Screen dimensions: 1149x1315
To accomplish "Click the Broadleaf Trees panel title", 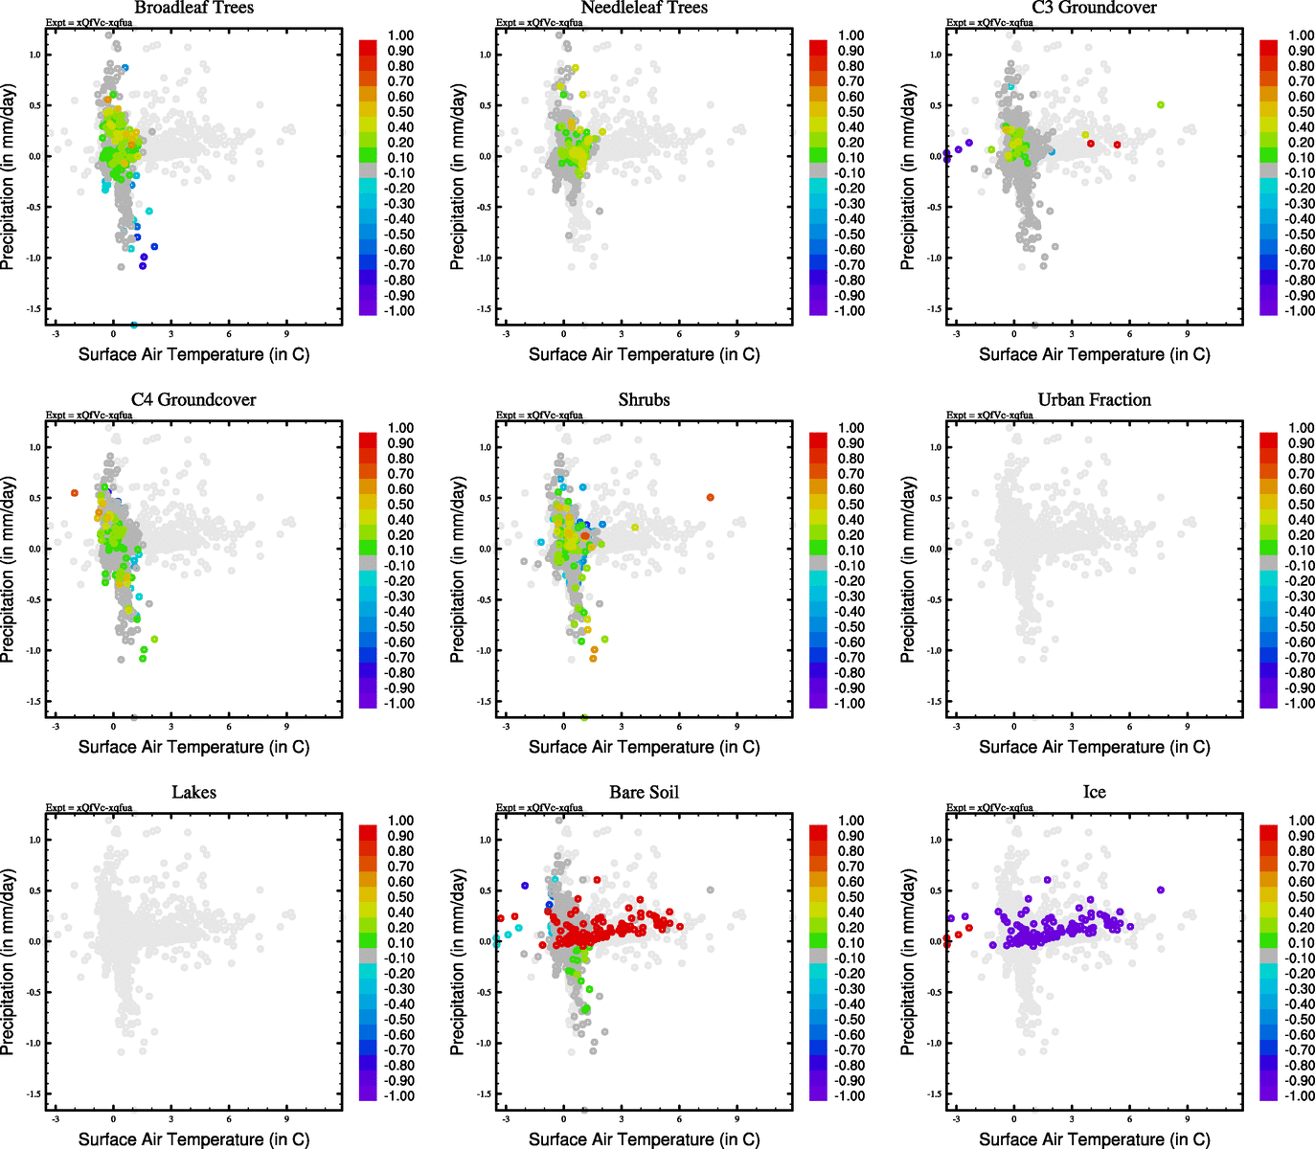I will point(193,8).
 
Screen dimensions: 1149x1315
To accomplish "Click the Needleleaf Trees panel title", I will point(644,8).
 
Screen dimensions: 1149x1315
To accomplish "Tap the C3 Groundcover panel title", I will point(1094,8).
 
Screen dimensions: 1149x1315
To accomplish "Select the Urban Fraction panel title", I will point(1094,400).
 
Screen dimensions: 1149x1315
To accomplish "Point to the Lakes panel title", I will point(193,793).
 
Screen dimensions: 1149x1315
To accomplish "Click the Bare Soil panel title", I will point(644,793).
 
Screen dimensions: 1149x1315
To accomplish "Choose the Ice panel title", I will point(1094,793).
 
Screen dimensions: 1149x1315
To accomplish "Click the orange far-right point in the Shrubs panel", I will point(710,497).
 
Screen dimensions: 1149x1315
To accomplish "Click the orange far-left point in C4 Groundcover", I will point(75,493).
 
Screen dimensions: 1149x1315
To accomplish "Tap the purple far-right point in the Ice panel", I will point(1161,890).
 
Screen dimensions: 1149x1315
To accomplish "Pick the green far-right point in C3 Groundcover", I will point(1161,104).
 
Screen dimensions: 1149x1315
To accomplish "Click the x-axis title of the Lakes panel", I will point(193,1139).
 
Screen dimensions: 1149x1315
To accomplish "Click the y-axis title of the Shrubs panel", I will point(458,569).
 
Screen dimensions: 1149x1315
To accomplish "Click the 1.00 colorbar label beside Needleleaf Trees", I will point(850,35).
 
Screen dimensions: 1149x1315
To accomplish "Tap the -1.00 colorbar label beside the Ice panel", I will point(1300,1096).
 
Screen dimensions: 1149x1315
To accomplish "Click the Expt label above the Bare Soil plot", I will point(539,808).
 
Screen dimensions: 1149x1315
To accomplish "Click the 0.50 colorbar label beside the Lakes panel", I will point(400,897).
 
